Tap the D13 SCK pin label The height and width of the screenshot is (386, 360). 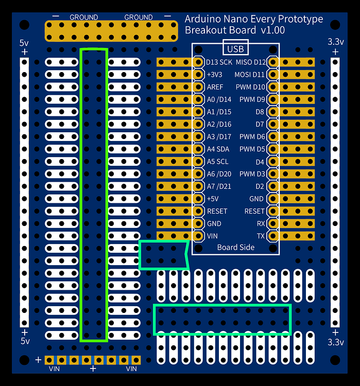coord(219,62)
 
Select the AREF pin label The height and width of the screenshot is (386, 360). coord(215,87)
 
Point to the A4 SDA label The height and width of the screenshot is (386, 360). coord(218,149)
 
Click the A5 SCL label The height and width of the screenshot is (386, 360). coord(217,162)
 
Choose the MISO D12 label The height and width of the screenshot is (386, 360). coord(251,62)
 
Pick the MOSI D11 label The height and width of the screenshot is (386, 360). coord(251,75)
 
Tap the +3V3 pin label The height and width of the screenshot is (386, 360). coord(214,75)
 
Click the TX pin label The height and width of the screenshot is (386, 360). coord(261,236)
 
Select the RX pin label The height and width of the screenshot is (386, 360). coord(261,224)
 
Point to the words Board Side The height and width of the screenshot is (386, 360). coord(235,248)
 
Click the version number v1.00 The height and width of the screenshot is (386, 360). coord(272,30)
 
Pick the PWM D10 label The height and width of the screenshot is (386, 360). coord(252,87)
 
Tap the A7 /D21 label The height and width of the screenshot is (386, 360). coord(219,186)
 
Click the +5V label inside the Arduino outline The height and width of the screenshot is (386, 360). coord(213,199)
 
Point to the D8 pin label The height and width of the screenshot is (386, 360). coord(260,112)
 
